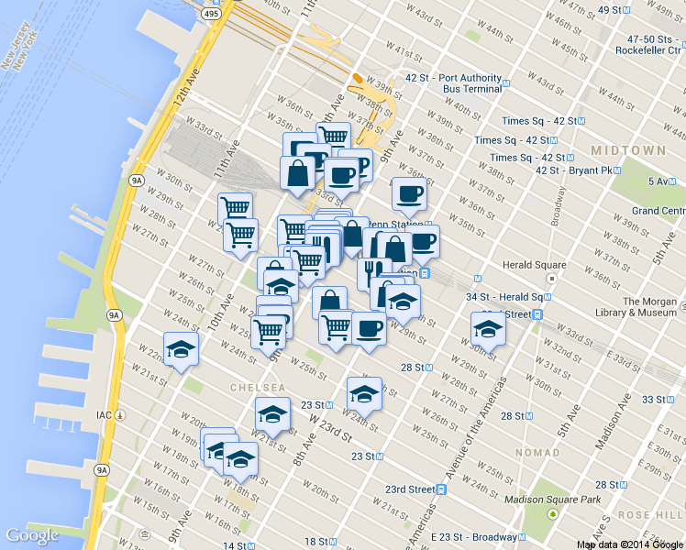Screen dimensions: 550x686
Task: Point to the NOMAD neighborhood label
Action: coord(537,453)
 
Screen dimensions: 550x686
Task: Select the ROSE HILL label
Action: coord(651,515)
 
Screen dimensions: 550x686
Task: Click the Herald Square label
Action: coord(531,265)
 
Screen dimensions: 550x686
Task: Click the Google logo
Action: coord(32,535)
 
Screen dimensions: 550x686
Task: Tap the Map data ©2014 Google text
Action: coord(629,544)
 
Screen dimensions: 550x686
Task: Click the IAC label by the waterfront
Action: coord(104,415)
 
